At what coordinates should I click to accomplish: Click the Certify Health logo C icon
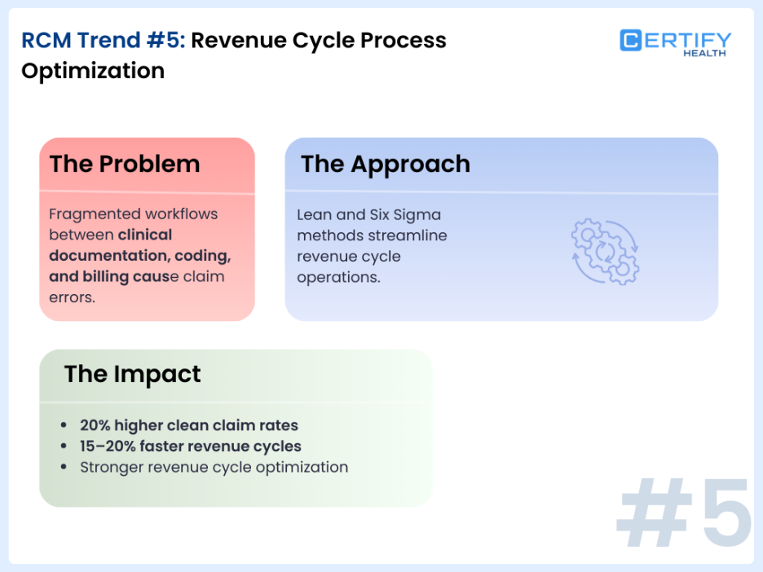(x=631, y=40)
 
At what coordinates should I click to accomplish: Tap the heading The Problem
(x=124, y=164)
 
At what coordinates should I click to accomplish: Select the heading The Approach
(x=385, y=164)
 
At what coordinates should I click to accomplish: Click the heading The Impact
(x=132, y=374)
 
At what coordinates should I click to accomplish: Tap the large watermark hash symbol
(x=651, y=513)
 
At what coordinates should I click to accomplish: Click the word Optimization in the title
(x=92, y=71)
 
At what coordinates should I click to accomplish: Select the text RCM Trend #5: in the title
(x=104, y=40)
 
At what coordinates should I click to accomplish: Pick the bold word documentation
(x=104, y=256)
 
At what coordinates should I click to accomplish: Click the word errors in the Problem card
(x=72, y=297)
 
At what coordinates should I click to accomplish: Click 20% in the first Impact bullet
(x=95, y=425)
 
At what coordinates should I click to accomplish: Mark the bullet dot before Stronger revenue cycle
(x=64, y=468)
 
